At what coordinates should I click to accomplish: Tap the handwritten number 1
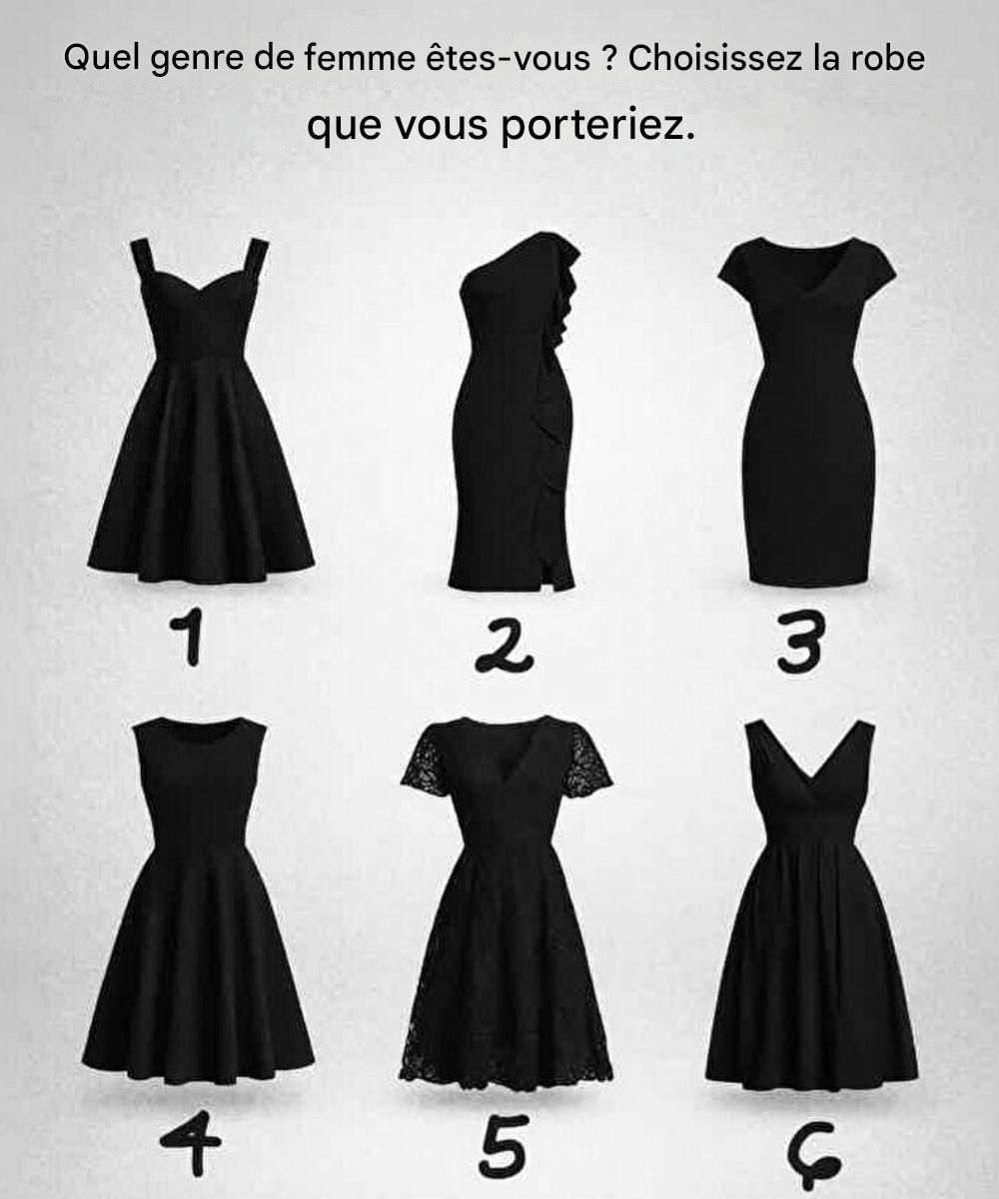coord(188,636)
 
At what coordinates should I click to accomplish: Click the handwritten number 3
coord(801,642)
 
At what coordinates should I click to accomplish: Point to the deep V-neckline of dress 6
coord(809,758)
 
